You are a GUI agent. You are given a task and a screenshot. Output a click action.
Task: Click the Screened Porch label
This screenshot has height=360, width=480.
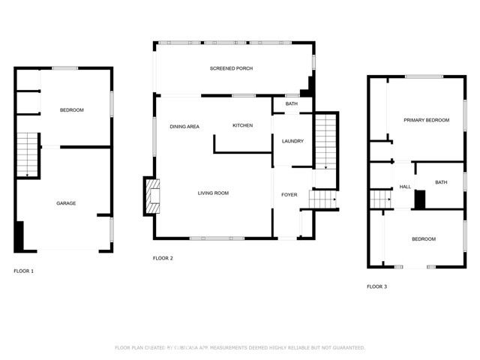(x=230, y=68)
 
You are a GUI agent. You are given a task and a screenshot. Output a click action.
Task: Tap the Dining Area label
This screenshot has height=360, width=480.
(x=184, y=127)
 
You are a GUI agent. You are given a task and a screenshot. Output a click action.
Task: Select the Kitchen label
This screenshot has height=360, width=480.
(x=241, y=125)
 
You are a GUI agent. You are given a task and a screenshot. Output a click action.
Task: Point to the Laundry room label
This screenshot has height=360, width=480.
(x=292, y=141)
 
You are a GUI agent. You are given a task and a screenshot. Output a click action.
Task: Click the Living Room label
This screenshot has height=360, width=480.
(x=213, y=193)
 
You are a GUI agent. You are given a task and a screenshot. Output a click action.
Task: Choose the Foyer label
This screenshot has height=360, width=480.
(x=289, y=195)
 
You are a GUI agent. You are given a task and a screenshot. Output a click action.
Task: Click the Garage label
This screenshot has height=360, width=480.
(x=66, y=203)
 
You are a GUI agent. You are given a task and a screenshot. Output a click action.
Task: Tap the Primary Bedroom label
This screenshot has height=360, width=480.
(x=426, y=120)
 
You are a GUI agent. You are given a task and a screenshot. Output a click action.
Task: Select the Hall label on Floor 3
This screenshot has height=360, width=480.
(x=405, y=187)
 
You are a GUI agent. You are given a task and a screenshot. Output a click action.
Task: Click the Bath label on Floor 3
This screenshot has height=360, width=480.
(x=441, y=182)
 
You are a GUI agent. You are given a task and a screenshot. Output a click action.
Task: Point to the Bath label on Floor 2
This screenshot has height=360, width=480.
(x=291, y=103)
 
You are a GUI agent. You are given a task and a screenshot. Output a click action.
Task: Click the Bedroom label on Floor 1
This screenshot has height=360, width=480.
(x=72, y=111)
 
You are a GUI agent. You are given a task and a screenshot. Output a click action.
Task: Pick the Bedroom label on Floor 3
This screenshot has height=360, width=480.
(x=424, y=239)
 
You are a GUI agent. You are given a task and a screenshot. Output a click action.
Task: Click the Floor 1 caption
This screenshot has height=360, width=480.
(x=24, y=270)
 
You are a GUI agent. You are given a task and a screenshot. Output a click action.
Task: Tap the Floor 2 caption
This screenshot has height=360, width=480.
(x=163, y=258)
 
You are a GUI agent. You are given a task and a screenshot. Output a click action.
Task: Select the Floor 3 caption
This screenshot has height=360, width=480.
(x=376, y=286)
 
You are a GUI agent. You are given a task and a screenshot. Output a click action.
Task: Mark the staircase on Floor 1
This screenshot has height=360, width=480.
(x=27, y=155)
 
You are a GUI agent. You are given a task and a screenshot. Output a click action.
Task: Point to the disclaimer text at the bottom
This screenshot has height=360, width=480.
(x=240, y=348)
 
